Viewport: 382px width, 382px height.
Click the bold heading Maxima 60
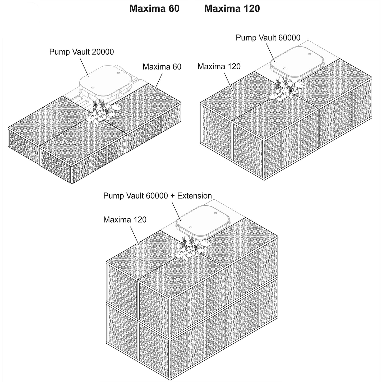154,9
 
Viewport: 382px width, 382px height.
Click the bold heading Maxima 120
232,9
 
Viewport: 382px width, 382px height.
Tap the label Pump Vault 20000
81,52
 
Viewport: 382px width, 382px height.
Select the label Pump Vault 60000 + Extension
158,196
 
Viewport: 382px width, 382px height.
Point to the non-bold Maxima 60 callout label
162,67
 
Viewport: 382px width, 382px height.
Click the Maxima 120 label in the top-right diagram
219,66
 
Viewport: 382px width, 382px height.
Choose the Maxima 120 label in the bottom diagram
125,220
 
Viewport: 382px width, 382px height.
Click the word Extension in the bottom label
195,196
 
